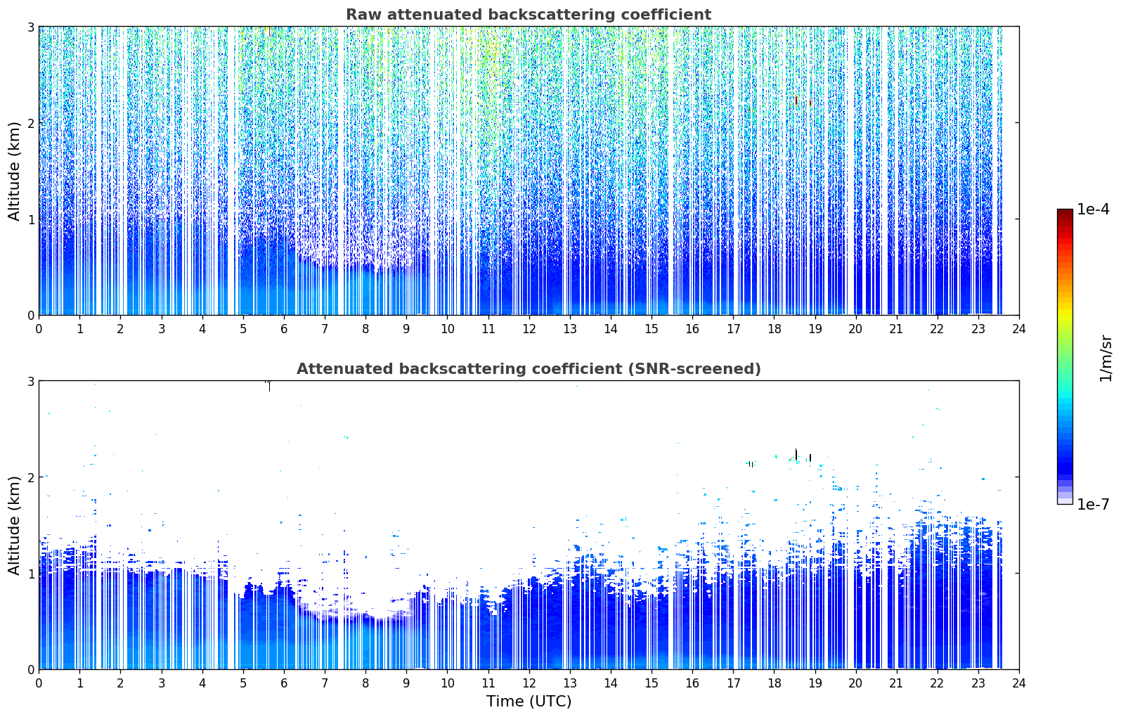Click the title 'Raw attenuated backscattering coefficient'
(529, 15)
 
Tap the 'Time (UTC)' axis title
(529, 702)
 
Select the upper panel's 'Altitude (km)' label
(14, 172)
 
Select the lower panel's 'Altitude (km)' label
(14, 525)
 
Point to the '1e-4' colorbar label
(1094, 209)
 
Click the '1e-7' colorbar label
(1094, 504)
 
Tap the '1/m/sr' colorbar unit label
(1106, 358)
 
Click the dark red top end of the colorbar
(1065, 212)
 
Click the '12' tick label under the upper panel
(529, 329)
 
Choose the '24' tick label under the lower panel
(1019, 683)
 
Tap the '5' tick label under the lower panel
(243, 683)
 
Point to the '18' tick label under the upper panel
(775, 329)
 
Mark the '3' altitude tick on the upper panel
(30, 27)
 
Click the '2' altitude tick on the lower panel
(30, 477)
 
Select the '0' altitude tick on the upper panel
(30, 316)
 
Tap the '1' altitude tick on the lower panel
(30, 574)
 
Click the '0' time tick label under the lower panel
(39, 683)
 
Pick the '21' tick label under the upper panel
(896, 329)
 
